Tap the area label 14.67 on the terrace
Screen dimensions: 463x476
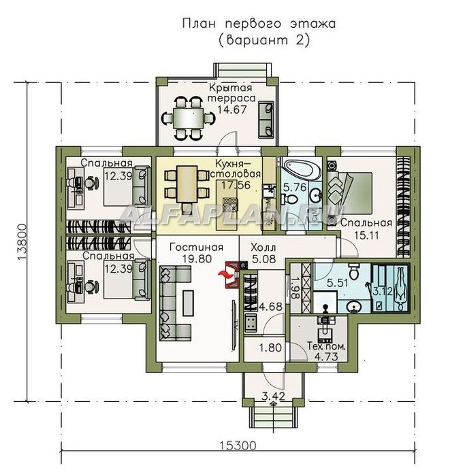pos(231,109)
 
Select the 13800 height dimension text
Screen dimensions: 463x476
pos(22,242)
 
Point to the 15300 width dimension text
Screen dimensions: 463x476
pos(238,445)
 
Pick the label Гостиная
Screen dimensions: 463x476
pos(196,248)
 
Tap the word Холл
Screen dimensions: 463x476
pos(264,248)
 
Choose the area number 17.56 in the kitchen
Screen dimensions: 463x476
pos(236,185)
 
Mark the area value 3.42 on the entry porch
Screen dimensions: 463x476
pos(273,396)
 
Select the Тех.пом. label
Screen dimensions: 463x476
pos(326,346)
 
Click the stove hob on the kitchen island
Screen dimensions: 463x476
pos(228,205)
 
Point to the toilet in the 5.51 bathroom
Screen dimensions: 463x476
pos(354,272)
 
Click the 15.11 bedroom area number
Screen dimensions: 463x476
pos(366,235)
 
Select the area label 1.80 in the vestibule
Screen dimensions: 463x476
pos(270,347)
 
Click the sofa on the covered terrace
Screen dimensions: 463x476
pos(266,120)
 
